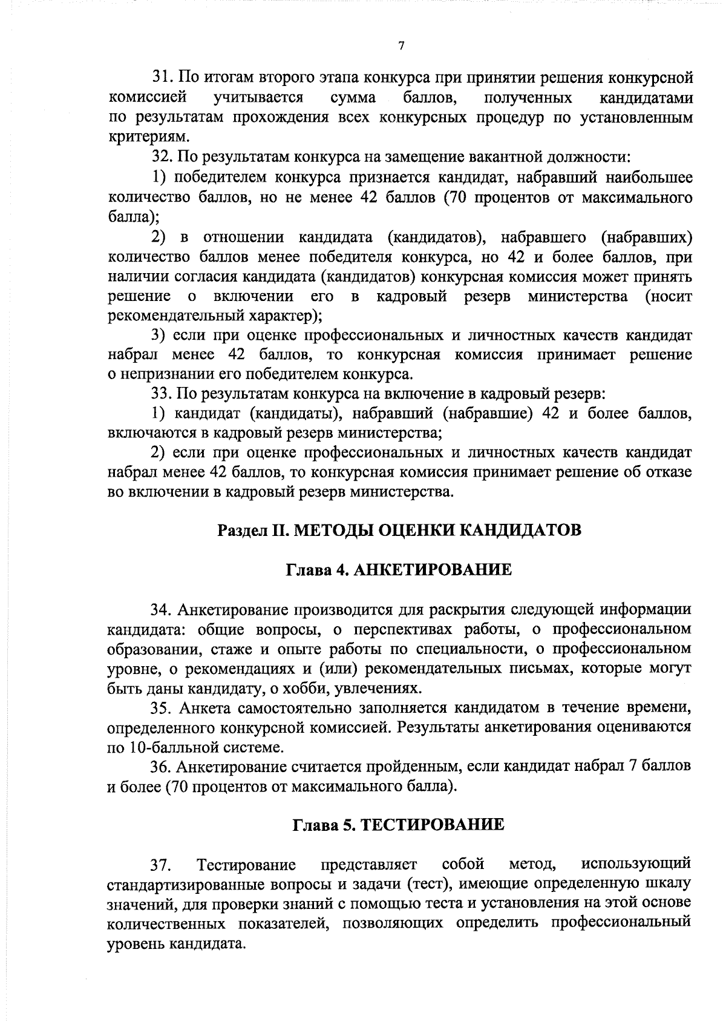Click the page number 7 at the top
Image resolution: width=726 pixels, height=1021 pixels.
[x=401, y=47]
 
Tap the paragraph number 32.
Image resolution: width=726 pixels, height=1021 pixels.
[x=162, y=157]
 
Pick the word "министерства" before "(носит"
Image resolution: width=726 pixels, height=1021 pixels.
[x=577, y=297]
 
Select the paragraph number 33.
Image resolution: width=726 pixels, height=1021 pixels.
[x=162, y=394]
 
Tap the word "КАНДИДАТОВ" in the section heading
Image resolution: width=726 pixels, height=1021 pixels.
[x=521, y=530]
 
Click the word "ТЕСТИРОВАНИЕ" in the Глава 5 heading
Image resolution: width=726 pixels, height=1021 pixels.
[x=433, y=825]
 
